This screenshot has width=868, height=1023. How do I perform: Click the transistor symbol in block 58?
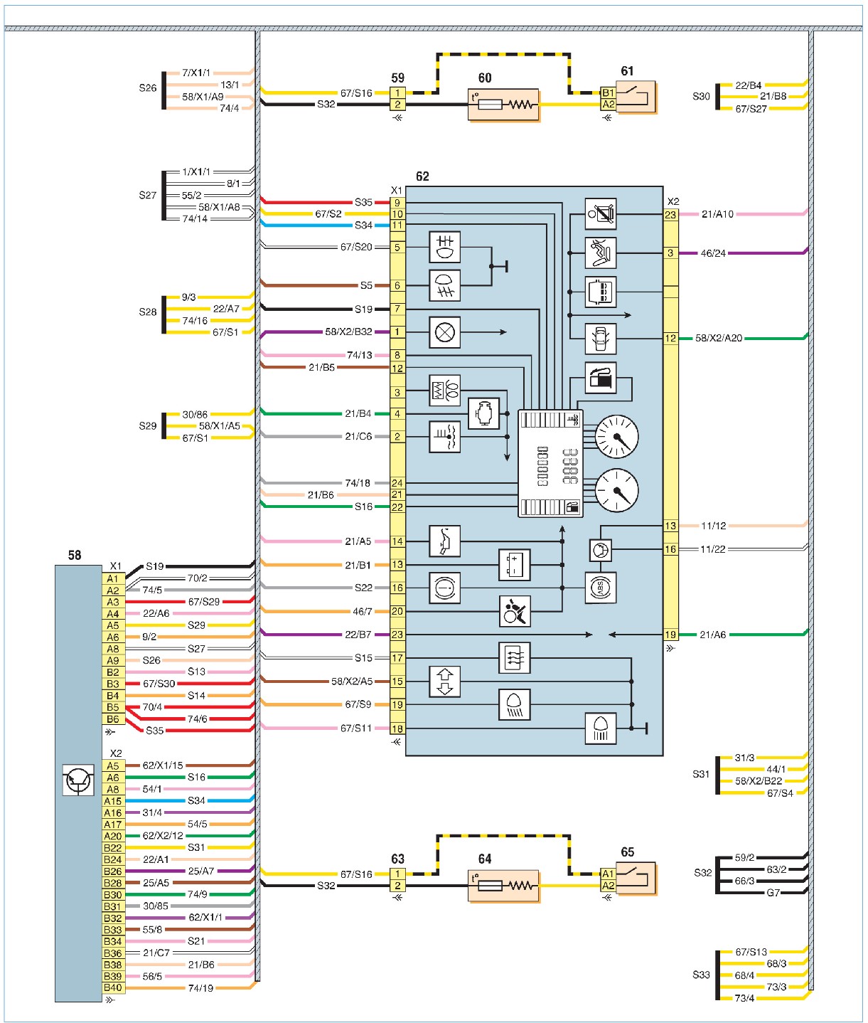click(78, 780)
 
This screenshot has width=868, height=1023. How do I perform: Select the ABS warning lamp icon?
click(601, 588)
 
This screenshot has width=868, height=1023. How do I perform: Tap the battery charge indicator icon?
click(515, 565)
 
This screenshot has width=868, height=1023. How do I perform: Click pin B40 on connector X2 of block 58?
click(113, 987)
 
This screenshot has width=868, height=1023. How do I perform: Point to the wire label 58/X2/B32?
click(348, 332)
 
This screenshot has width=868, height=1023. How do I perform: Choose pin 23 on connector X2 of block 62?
click(670, 215)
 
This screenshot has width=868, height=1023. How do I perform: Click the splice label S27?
click(147, 195)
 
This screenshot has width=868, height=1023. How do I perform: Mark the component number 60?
click(485, 78)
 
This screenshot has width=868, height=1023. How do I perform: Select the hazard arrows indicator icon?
click(444, 682)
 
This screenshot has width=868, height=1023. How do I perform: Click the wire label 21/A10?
click(717, 214)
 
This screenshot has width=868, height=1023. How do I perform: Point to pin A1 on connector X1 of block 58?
click(113, 578)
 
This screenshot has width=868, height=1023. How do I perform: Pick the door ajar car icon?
click(601, 339)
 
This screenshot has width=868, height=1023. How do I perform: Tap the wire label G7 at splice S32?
click(773, 892)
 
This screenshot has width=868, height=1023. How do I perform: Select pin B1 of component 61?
click(608, 92)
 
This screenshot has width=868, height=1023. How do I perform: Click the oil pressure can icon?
click(444, 541)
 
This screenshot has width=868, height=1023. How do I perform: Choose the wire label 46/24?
click(713, 253)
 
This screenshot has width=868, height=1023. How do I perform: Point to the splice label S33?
click(701, 975)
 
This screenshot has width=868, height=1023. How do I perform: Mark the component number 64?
click(485, 859)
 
